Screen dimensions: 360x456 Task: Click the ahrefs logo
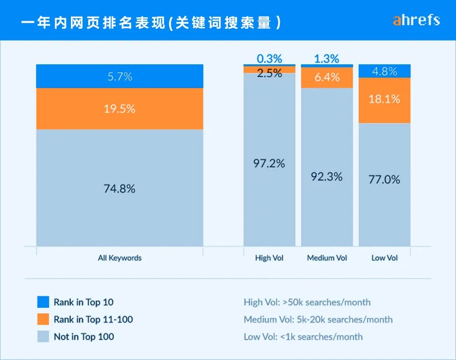pyautogui.click(x=416, y=20)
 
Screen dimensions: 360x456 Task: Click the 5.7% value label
pyautogui.click(x=120, y=76)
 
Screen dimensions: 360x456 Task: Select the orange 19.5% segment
pyautogui.click(x=120, y=108)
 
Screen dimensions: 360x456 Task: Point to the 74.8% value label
pyautogui.click(x=120, y=189)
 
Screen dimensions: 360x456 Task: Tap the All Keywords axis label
pyautogui.click(x=120, y=258)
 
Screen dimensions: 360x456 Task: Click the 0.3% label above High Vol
pyautogui.click(x=270, y=59)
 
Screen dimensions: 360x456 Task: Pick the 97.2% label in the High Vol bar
pyautogui.click(x=270, y=163)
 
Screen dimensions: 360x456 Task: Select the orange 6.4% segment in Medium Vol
pyautogui.click(x=327, y=77)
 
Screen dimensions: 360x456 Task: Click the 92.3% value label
pyautogui.click(x=327, y=176)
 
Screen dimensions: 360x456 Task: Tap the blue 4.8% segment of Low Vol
pyautogui.click(x=385, y=71)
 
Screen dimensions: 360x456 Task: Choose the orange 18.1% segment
pyautogui.click(x=385, y=99)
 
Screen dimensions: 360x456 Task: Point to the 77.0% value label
pyautogui.click(x=385, y=179)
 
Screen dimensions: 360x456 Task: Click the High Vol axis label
pyautogui.click(x=270, y=258)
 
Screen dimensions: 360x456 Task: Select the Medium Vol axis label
pyautogui.click(x=327, y=258)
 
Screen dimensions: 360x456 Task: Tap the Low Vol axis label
pyautogui.click(x=385, y=258)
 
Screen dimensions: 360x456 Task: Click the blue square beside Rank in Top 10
pyautogui.click(x=43, y=302)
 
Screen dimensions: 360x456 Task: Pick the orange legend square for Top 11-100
pyautogui.click(x=43, y=319)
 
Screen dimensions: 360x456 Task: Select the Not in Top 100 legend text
pyautogui.click(x=84, y=337)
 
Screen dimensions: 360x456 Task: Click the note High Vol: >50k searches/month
pyautogui.click(x=307, y=302)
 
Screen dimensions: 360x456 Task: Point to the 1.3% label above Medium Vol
pyautogui.click(x=327, y=59)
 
